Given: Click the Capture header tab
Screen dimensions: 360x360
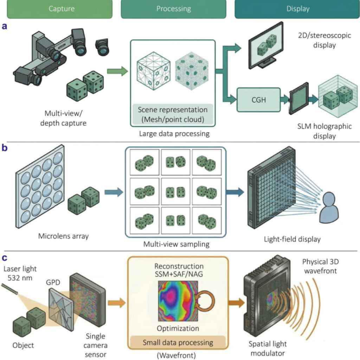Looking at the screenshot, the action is (x=60, y=9).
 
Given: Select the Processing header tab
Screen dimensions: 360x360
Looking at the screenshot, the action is (x=174, y=9).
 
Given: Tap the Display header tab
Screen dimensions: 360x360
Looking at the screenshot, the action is (x=297, y=9).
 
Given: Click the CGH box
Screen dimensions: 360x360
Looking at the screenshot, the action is (x=259, y=100).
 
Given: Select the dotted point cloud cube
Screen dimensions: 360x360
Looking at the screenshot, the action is (x=192, y=71).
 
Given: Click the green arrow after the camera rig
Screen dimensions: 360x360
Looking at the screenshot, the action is (x=117, y=71).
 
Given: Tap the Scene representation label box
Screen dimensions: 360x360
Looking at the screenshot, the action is (x=173, y=114).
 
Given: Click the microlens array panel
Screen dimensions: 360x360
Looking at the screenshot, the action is (x=40, y=186).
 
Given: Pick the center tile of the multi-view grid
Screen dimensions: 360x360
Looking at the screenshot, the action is (x=176, y=191).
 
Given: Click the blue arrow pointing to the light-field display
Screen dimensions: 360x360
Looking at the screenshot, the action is (x=235, y=192).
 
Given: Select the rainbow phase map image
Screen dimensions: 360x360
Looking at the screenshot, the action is (x=178, y=301).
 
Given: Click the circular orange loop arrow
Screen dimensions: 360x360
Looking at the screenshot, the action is (x=205, y=301).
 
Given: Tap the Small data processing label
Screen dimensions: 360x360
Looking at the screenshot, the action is (x=178, y=342).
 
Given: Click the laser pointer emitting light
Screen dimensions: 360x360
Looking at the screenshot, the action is (x=9, y=289).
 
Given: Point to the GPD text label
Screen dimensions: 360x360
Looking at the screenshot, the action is (x=53, y=282).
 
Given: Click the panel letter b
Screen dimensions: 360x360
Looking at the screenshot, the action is (x=5, y=148).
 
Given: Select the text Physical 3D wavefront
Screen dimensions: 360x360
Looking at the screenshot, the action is (x=321, y=266).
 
